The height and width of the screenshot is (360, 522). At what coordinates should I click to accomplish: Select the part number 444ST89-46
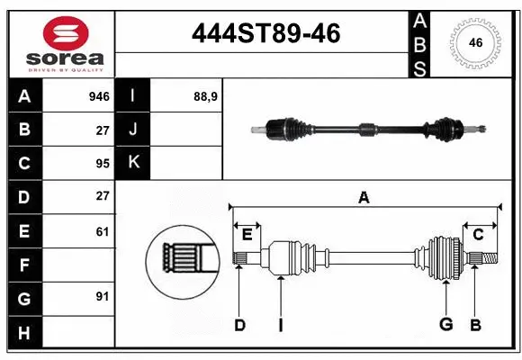[x=266, y=33]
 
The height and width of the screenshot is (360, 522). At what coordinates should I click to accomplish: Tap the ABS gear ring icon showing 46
[x=474, y=42]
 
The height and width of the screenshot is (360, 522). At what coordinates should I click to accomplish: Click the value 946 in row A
[x=99, y=96]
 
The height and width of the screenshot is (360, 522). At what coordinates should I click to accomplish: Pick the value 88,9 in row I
[x=205, y=96]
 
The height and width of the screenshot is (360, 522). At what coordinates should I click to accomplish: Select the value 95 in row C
[x=103, y=163]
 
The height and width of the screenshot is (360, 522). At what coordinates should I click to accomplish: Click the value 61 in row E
[x=103, y=231]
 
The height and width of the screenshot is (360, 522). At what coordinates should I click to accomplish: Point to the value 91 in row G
[x=103, y=296]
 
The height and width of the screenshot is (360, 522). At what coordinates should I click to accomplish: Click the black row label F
[x=24, y=265]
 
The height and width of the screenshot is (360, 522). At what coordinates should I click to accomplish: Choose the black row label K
[x=133, y=163]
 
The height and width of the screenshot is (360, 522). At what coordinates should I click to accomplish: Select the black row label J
[x=133, y=130]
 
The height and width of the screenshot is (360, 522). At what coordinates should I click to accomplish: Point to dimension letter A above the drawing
[x=364, y=198]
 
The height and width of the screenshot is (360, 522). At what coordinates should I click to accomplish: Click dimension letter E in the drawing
[x=247, y=235]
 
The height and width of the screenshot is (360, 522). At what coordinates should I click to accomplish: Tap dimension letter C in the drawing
[x=479, y=235]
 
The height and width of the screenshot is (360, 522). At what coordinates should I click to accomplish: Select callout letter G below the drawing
[x=445, y=325]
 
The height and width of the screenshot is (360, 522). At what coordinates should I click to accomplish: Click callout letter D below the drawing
[x=239, y=325]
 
